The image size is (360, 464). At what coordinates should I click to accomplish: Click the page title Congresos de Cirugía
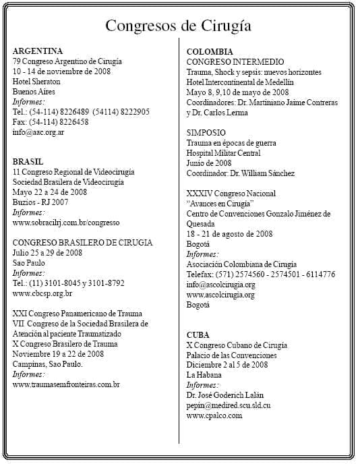179,26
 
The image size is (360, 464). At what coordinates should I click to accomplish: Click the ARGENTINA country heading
38,51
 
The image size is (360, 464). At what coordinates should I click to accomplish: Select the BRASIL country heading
28,162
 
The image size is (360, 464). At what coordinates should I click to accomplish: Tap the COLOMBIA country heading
210,51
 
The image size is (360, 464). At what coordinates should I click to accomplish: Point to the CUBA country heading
198,335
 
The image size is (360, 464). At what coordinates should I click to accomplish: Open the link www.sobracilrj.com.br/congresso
66,222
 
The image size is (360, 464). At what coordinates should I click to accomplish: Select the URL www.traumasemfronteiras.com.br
66,384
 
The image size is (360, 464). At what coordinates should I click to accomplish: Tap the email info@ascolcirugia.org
220,284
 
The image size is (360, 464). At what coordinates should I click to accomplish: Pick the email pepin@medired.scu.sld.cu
229,405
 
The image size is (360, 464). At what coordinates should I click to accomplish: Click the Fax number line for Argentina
51,122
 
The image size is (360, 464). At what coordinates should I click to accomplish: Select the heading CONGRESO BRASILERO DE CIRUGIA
82,242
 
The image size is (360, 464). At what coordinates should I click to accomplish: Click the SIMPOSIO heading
206,132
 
